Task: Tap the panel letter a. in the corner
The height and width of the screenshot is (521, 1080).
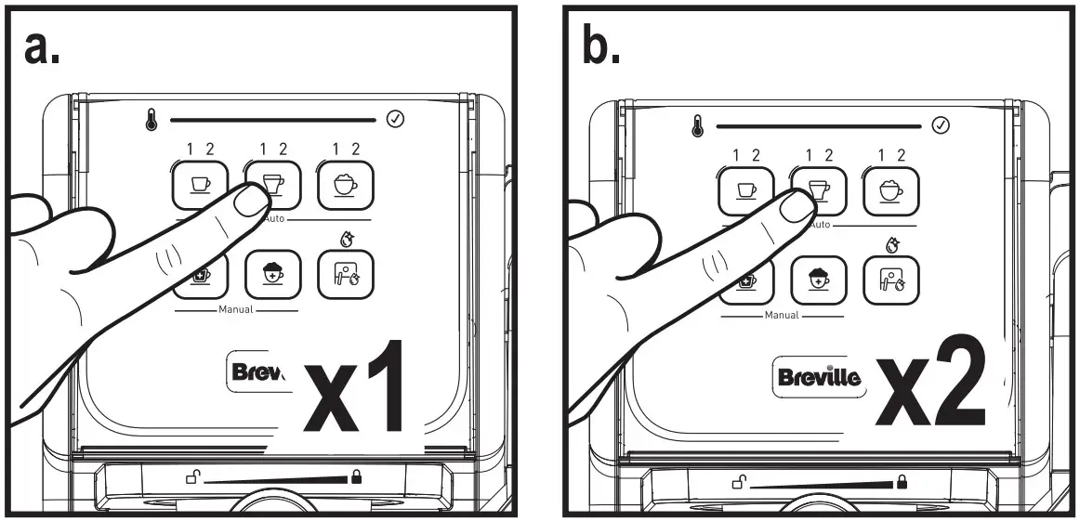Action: (x=43, y=47)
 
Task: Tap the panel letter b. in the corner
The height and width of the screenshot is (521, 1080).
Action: (x=601, y=47)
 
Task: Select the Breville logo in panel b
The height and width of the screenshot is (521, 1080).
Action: (x=818, y=376)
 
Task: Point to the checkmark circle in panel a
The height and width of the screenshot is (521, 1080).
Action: (x=394, y=119)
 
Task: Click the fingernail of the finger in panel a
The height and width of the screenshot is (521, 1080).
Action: (x=249, y=198)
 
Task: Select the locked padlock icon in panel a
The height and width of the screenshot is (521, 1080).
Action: (x=356, y=477)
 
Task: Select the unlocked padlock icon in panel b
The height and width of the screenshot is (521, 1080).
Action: (x=739, y=482)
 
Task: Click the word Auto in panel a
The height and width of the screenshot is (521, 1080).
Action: (x=275, y=220)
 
